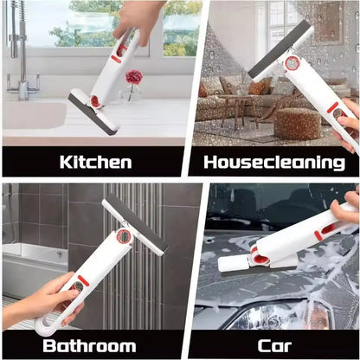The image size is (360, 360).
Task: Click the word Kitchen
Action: [x=95, y=162]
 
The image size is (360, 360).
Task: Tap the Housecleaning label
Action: [x=274, y=162]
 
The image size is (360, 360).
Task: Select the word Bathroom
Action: [x=89, y=345]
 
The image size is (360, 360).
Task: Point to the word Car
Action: [x=274, y=345]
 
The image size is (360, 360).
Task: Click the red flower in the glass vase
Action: [x=134, y=76]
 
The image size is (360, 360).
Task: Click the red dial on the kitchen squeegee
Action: [x=95, y=101]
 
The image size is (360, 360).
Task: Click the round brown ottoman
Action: [x=297, y=124]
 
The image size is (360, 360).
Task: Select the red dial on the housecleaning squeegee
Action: [x=292, y=63]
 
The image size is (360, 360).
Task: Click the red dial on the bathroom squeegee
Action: [x=124, y=237]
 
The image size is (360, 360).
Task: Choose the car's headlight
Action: [x=277, y=318]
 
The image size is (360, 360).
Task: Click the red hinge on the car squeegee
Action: [x=259, y=256]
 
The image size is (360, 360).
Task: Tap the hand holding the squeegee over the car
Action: [x=344, y=207]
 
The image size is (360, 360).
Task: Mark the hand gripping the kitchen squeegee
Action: [x=137, y=20]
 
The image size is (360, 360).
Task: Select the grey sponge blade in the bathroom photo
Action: [x=136, y=223]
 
